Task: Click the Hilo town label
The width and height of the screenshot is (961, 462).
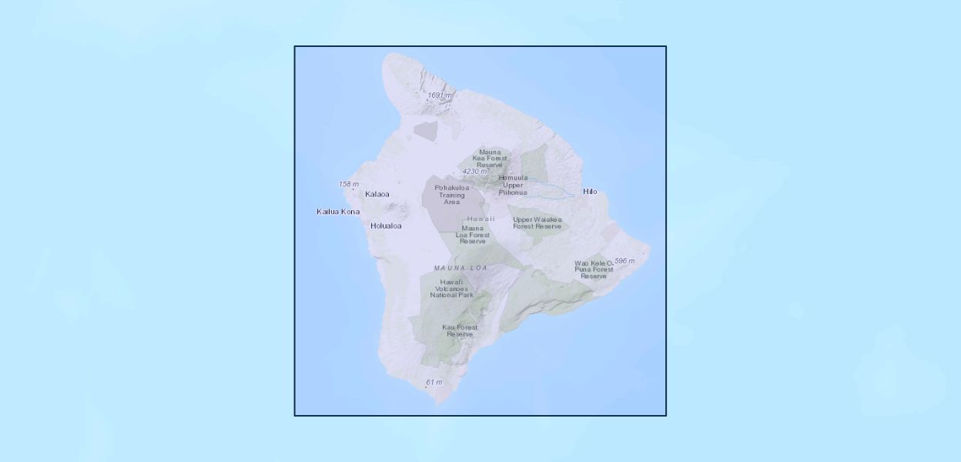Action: tap(590, 191)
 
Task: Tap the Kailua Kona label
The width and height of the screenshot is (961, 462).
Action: tap(338, 211)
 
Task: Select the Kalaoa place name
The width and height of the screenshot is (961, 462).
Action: tap(377, 194)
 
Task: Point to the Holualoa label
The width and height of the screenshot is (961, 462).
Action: tap(386, 226)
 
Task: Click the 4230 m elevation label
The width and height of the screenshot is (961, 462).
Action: tap(475, 172)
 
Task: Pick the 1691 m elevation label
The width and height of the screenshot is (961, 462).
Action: tap(439, 95)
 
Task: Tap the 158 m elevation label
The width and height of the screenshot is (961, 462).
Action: tap(349, 184)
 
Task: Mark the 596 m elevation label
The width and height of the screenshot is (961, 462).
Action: tap(624, 261)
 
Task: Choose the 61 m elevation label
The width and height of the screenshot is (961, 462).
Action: tap(434, 383)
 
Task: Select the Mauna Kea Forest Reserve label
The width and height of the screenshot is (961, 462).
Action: tap(490, 158)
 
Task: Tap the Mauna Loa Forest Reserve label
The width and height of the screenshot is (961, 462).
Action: tap(473, 235)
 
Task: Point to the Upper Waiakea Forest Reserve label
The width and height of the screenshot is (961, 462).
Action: tap(537, 223)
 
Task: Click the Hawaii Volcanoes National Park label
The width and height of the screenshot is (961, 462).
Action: tap(451, 289)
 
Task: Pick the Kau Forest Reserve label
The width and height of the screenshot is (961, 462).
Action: tap(460, 331)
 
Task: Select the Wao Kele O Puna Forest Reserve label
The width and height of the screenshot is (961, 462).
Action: tap(594, 269)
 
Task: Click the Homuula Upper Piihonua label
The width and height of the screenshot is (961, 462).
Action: tap(513, 185)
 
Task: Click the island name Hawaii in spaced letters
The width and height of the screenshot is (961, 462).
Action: tap(480, 219)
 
